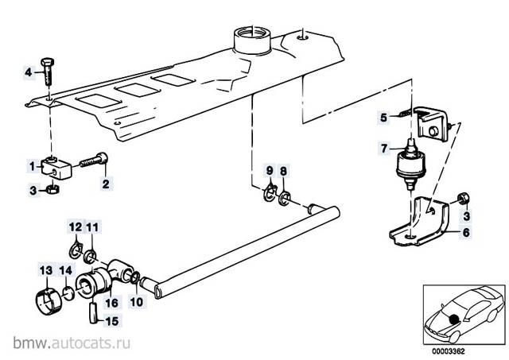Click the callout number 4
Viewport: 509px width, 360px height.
[x=28, y=72]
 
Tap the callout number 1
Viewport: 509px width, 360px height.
[x=33, y=166]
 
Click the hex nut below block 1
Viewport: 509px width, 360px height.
[x=49, y=190]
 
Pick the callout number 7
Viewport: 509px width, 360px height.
[x=383, y=148]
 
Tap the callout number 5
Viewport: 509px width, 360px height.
[x=383, y=118]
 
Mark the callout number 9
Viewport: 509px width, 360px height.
[x=270, y=171]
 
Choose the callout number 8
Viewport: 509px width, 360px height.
[x=286, y=171]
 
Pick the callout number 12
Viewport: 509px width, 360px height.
[x=74, y=227]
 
